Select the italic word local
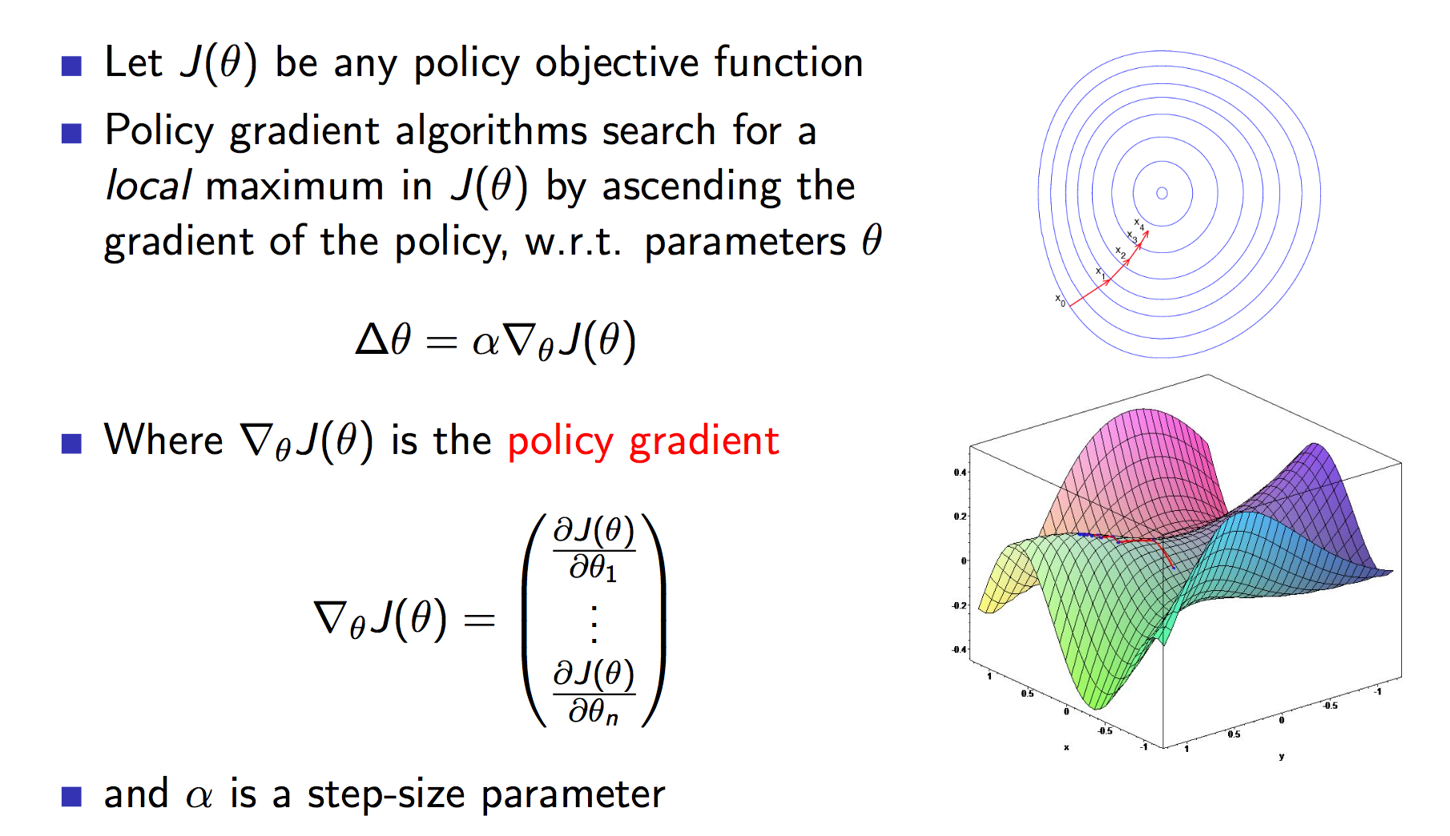[148, 187]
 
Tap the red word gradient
[703, 442]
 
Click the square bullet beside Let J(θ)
[72, 66]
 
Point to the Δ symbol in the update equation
[373, 340]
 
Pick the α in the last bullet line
[199, 796]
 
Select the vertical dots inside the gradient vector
[594, 625]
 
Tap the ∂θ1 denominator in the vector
[593, 569]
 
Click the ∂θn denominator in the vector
[593, 711]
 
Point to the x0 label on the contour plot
[1060, 300]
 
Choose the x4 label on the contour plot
[1138, 223]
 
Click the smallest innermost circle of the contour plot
[1162, 193]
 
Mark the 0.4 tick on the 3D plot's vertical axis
[960, 472]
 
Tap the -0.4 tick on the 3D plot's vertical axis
[958, 649]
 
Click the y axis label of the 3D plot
[1282, 756]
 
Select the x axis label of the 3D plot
[1066, 747]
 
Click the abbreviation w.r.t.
[573, 243]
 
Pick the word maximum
[295, 187]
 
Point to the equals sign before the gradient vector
[479, 620]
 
